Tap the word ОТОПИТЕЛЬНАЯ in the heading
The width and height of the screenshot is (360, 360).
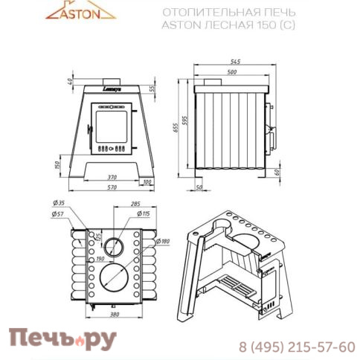tap(199, 13)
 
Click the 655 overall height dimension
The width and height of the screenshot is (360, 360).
tap(177, 126)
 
